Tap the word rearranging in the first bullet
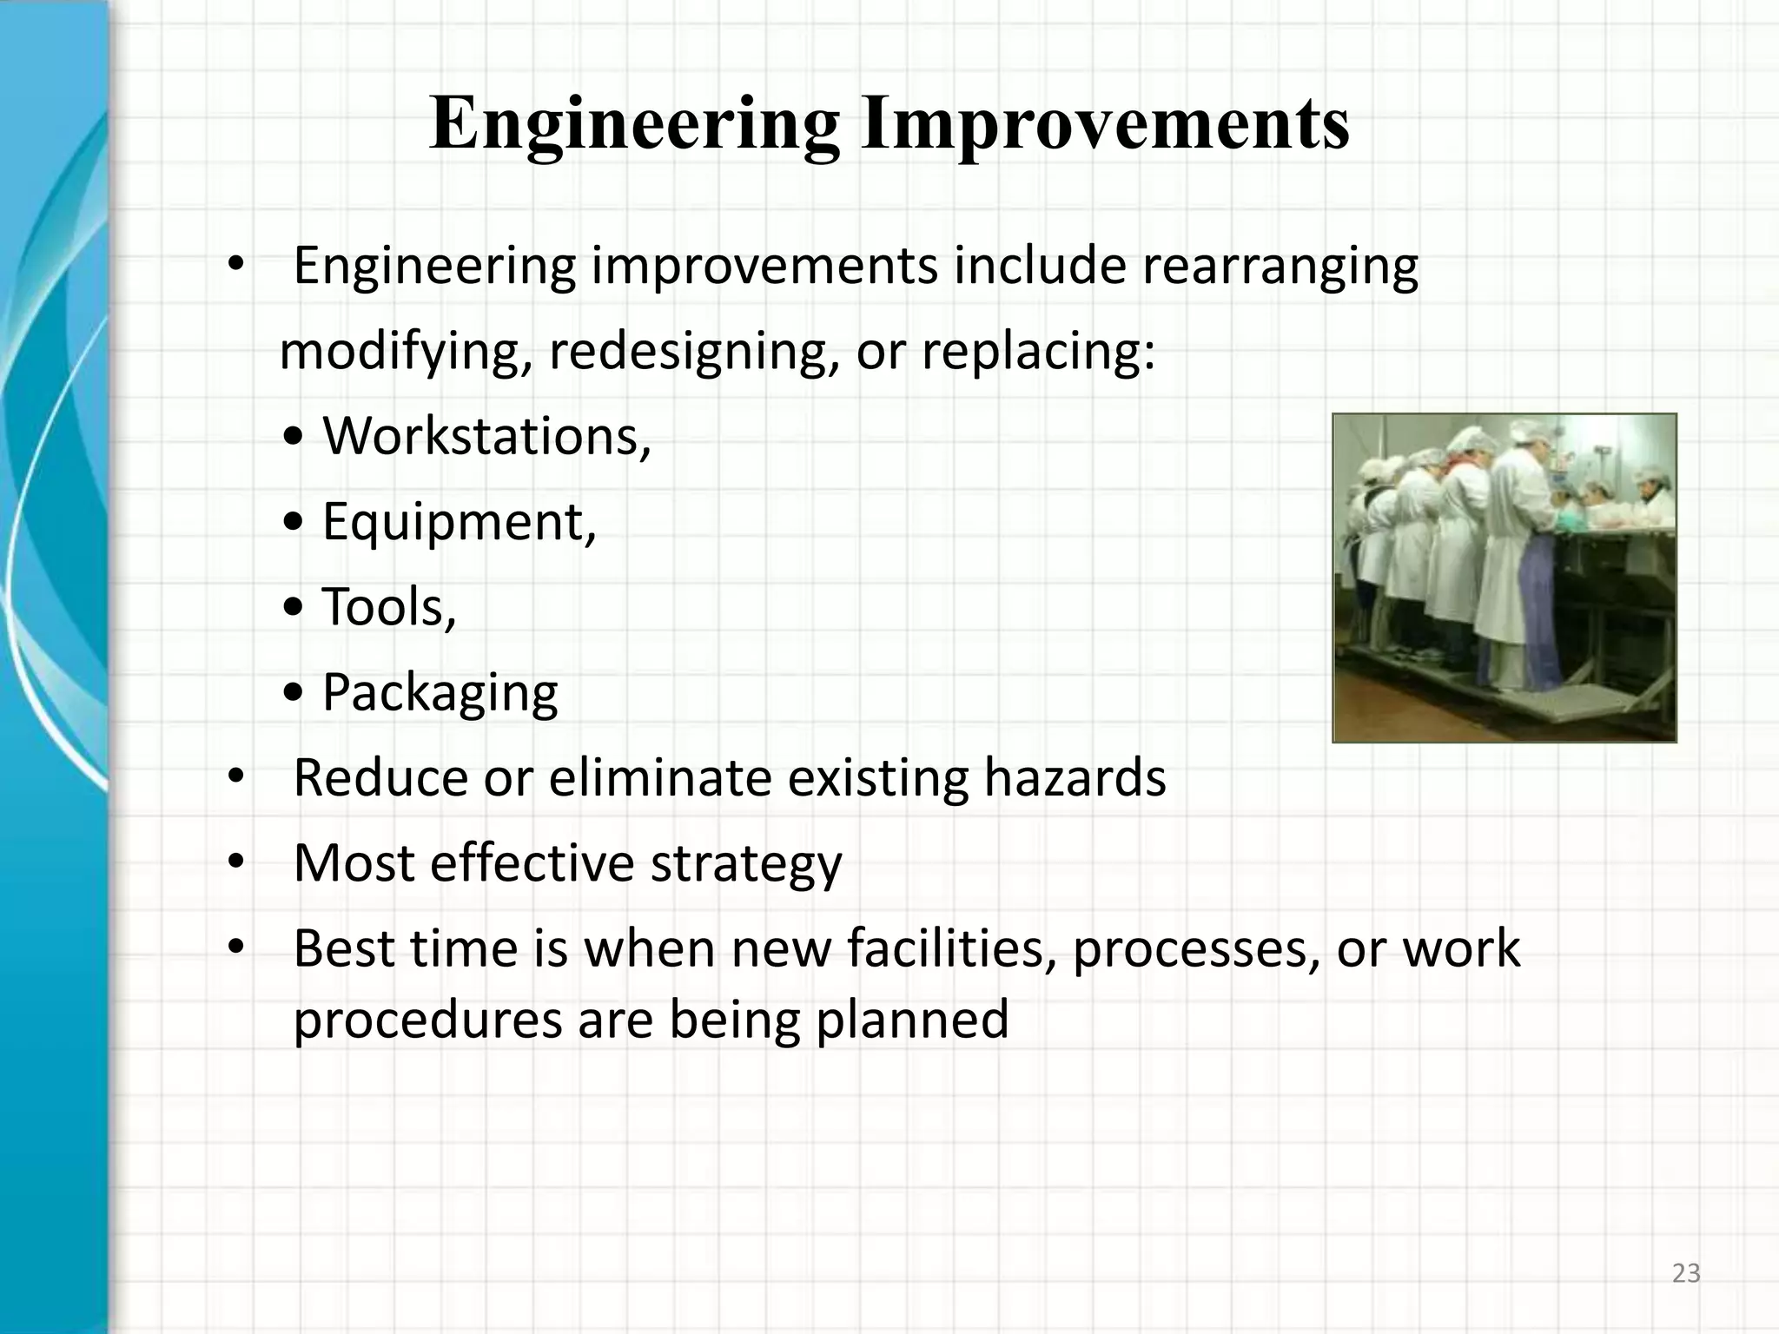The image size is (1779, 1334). tap(1280, 266)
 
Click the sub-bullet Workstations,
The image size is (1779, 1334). tap(486, 436)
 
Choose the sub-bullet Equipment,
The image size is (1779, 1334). tap(459, 521)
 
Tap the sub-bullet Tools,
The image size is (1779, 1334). tap(388, 606)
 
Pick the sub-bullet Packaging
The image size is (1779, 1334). tap(440, 692)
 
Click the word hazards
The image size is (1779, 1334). tap(1075, 777)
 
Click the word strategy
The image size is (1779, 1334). tap(746, 863)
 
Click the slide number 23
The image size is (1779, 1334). tap(1686, 1273)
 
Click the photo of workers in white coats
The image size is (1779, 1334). tap(1505, 578)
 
